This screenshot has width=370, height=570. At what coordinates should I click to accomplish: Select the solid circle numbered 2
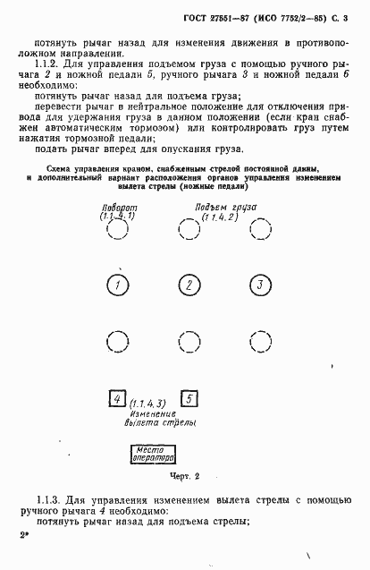pos(189,285)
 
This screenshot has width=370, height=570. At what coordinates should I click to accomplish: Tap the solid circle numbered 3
pos(258,285)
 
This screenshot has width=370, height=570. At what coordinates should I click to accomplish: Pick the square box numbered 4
pos(115,399)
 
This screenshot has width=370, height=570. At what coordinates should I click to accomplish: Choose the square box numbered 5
pos(189,399)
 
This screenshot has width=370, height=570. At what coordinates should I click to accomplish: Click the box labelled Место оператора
pos(153,453)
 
